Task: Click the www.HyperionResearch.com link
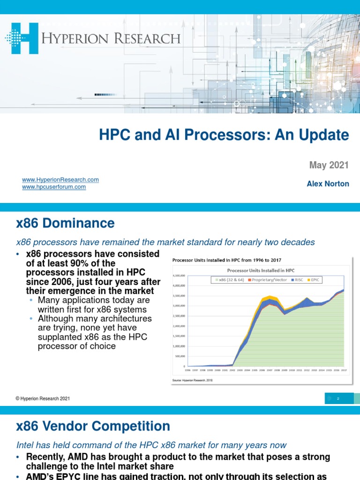click(x=60, y=180)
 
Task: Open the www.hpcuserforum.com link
click(x=54, y=187)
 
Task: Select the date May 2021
click(x=329, y=165)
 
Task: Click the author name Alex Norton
click(x=328, y=184)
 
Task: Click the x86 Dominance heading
click(x=65, y=223)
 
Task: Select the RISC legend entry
click(x=298, y=280)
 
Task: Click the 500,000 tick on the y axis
click(x=180, y=356)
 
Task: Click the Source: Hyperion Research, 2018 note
click(x=192, y=381)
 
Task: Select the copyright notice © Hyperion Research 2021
click(x=43, y=398)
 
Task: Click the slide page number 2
click(x=337, y=398)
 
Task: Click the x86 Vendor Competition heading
click(x=93, y=426)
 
